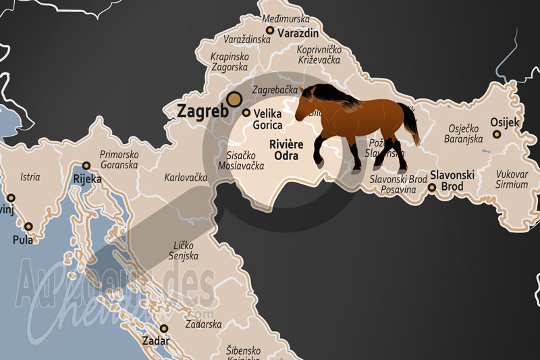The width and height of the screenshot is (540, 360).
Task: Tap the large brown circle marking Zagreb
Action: (x=234, y=100)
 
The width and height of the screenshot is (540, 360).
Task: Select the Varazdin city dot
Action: (x=270, y=30)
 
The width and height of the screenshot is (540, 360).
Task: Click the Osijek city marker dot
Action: (x=497, y=134)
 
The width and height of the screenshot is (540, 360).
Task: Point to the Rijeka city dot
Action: (x=86, y=165)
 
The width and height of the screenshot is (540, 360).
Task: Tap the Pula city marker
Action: (x=28, y=227)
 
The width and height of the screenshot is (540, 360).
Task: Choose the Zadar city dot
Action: (x=163, y=328)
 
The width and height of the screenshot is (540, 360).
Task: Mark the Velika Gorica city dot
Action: (x=246, y=113)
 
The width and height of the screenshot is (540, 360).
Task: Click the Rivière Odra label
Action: (x=286, y=150)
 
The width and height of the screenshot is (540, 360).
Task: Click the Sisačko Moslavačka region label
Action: (x=240, y=159)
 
